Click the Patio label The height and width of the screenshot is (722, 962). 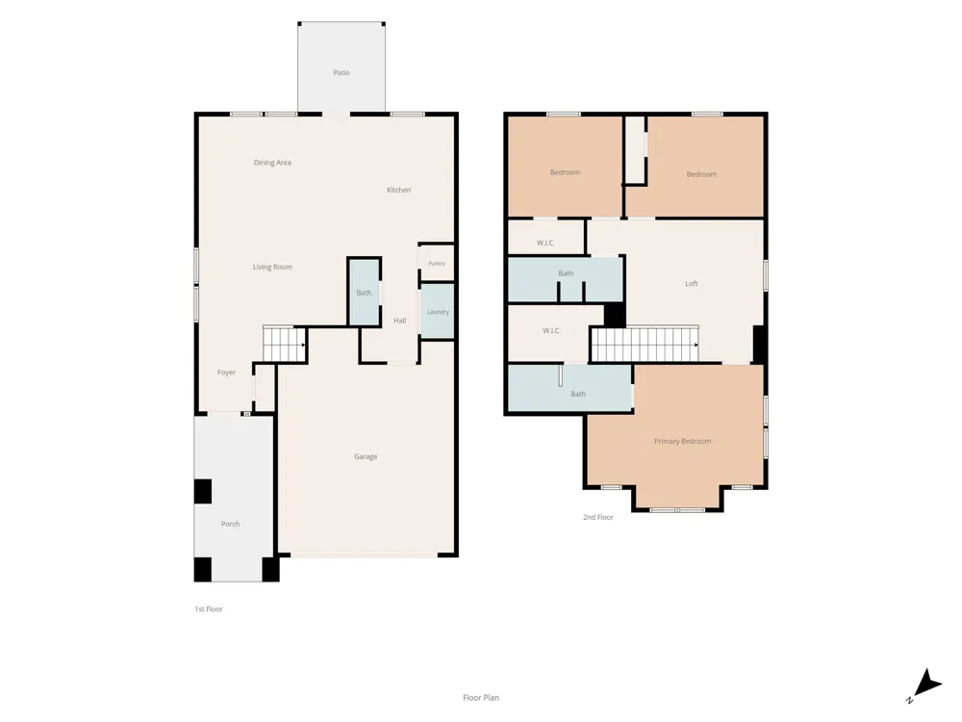[x=342, y=72]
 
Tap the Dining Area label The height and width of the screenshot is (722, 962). [x=272, y=163]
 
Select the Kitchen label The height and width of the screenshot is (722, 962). [x=399, y=190]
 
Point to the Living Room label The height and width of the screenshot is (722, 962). [x=272, y=267]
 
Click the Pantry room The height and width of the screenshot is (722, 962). [x=437, y=264]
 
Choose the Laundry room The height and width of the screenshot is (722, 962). [x=438, y=311]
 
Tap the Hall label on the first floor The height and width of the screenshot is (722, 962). [x=400, y=321]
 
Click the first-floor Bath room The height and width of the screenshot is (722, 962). [x=365, y=293]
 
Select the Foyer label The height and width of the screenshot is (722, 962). [x=226, y=373]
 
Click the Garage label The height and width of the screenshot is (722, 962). [x=366, y=456]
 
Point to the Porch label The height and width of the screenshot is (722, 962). [x=231, y=525]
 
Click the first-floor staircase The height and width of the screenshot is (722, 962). [x=285, y=345]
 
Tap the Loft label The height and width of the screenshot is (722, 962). [x=692, y=284]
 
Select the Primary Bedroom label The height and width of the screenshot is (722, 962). [x=683, y=442]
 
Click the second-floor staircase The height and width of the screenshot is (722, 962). [x=646, y=345]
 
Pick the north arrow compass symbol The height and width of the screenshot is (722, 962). [x=926, y=684]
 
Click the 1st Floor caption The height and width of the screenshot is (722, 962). [x=209, y=609]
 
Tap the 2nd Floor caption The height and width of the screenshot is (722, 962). [x=598, y=518]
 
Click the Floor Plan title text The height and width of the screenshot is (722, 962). [x=481, y=698]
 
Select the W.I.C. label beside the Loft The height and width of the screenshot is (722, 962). [x=545, y=244]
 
